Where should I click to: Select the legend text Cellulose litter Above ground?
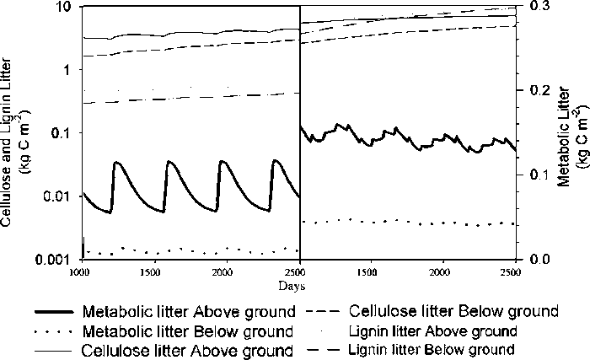[186, 348]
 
